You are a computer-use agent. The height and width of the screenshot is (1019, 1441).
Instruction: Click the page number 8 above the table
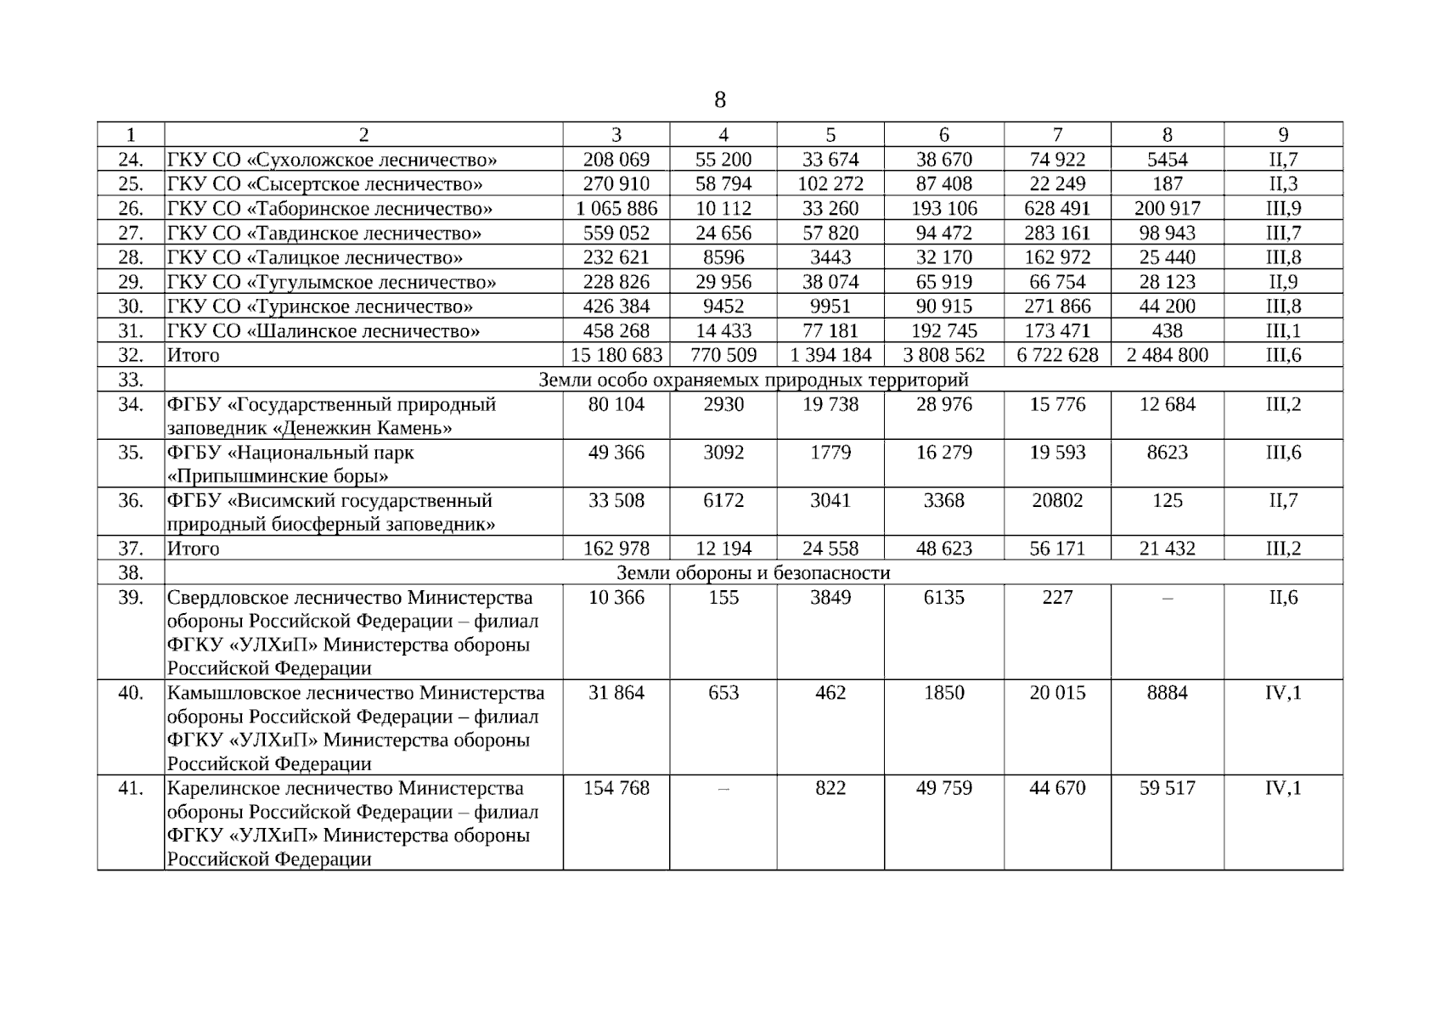click(x=720, y=101)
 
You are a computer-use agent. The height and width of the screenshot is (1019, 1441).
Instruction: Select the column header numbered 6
click(x=943, y=135)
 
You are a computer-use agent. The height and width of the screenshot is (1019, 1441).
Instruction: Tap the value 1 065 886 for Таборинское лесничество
click(x=616, y=209)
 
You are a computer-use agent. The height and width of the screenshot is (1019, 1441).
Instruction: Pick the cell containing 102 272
click(x=830, y=184)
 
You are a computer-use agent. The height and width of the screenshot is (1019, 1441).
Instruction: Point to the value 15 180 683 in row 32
click(x=616, y=355)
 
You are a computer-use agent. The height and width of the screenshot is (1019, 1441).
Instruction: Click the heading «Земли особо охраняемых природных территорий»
click(x=753, y=380)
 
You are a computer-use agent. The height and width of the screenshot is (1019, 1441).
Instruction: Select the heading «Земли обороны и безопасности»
click(x=753, y=573)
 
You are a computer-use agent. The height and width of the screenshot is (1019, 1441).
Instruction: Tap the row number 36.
click(x=130, y=501)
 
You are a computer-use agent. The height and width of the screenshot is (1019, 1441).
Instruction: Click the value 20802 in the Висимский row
click(x=1057, y=501)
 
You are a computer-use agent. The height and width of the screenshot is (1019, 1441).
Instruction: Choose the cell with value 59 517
click(x=1167, y=788)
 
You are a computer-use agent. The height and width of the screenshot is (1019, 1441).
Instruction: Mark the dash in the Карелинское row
click(x=723, y=789)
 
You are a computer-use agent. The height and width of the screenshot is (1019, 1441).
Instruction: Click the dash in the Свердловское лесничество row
click(x=1167, y=599)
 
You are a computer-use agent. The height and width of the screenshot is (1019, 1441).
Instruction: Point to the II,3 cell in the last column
click(x=1283, y=184)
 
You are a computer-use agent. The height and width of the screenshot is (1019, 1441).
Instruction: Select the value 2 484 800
click(x=1167, y=355)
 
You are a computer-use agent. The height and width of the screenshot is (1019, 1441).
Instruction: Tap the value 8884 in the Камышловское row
click(x=1167, y=693)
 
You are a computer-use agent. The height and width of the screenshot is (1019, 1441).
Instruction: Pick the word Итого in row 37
click(x=194, y=549)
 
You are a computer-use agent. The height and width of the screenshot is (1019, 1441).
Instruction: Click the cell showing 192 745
click(x=943, y=331)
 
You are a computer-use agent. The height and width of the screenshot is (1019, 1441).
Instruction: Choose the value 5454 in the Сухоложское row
click(x=1167, y=160)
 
